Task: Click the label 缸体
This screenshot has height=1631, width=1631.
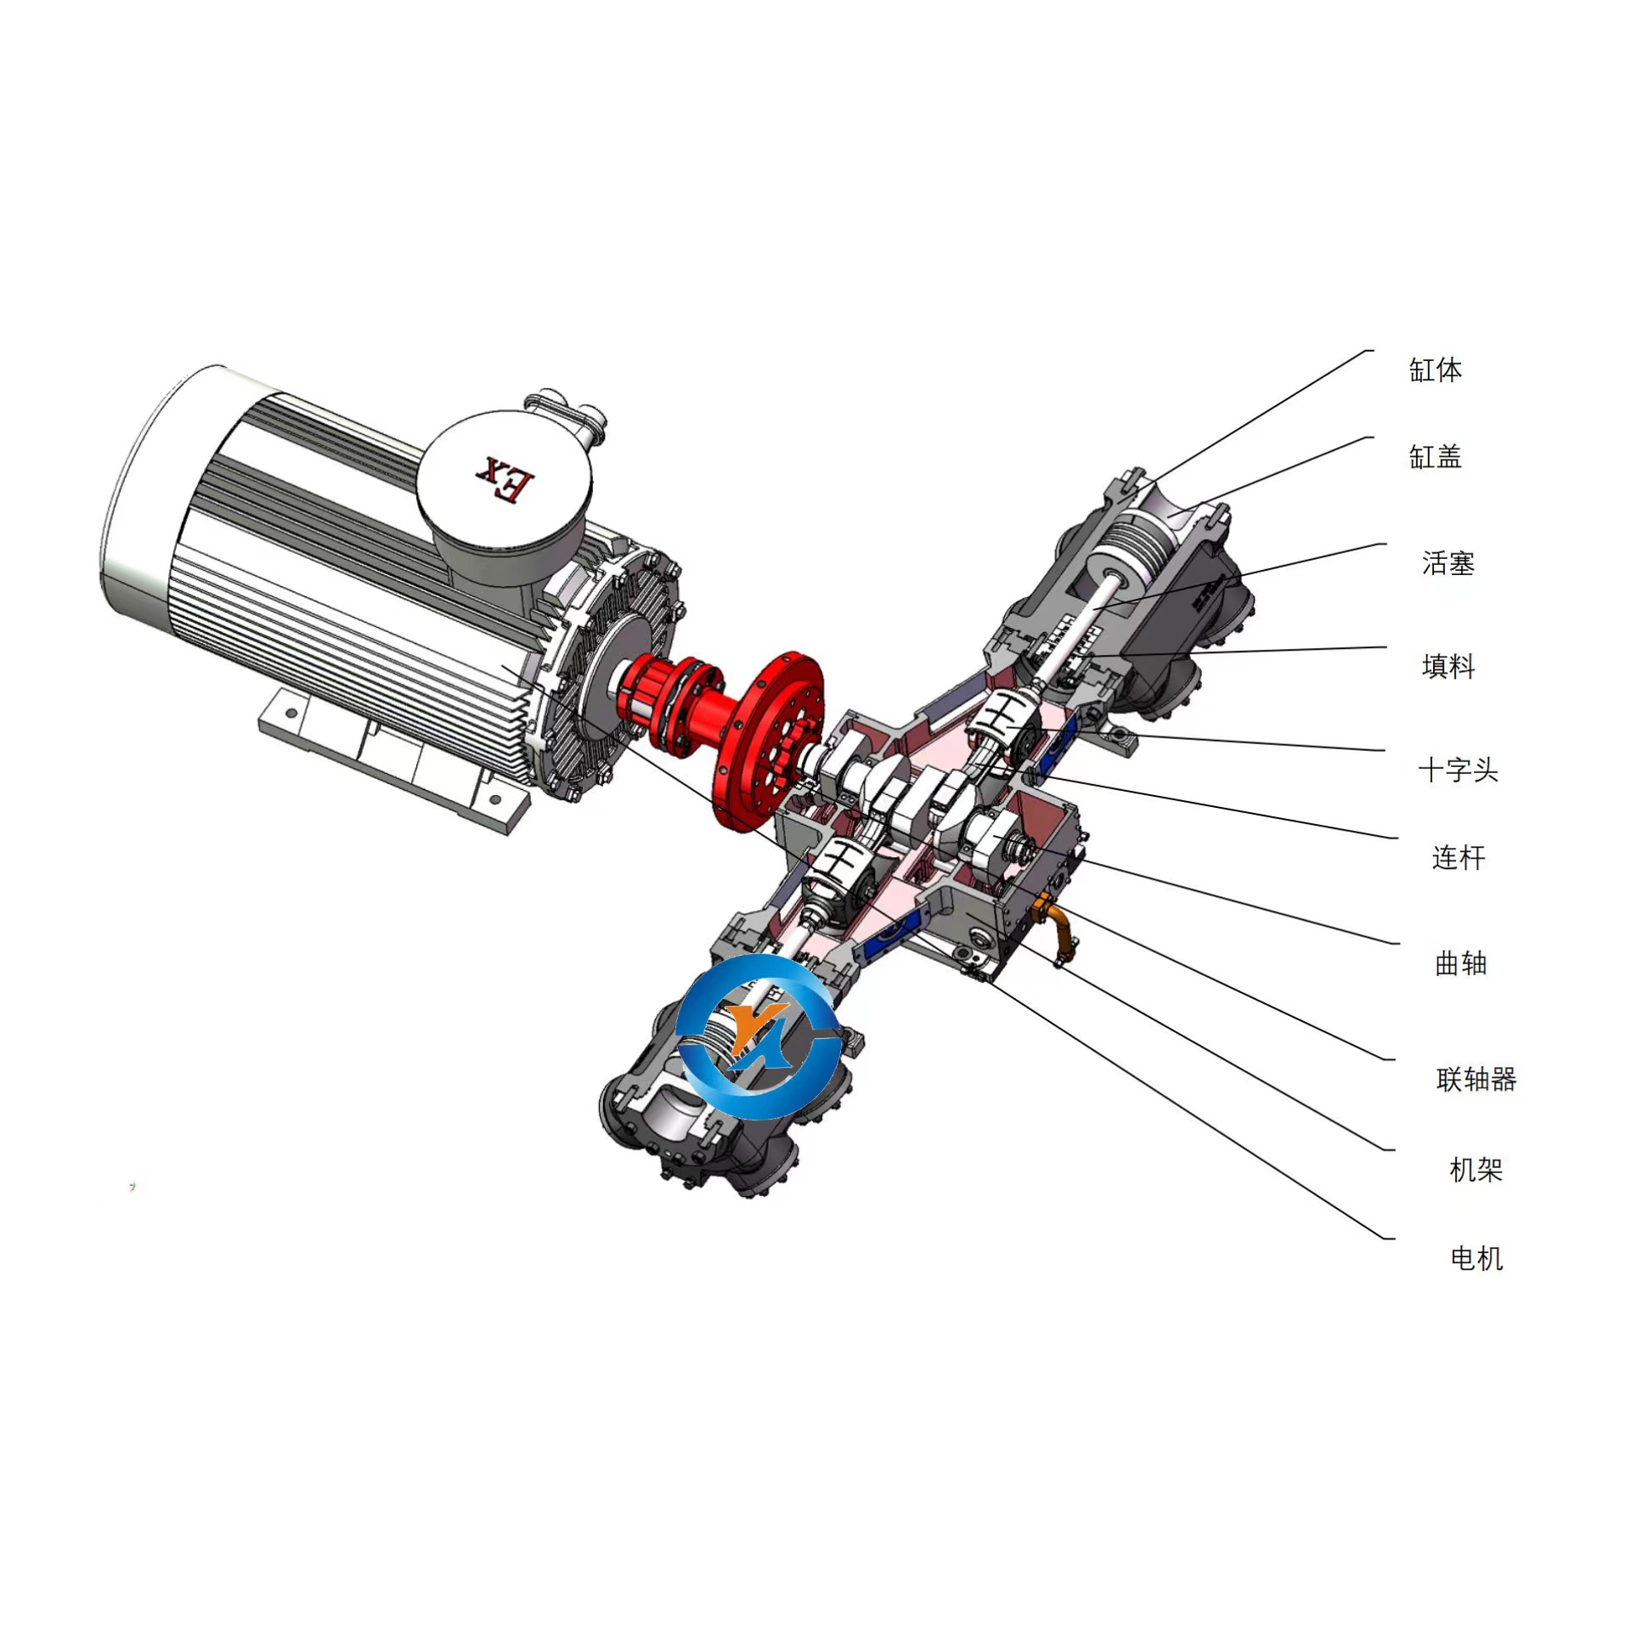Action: coord(1436,370)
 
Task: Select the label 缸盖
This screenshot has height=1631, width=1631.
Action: coord(1436,457)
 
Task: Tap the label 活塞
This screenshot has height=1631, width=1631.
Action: coord(1448,563)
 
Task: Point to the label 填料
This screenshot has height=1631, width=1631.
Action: coord(1448,666)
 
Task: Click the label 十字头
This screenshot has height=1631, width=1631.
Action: coord(1459,770)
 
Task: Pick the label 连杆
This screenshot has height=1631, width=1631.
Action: coord(1459,858)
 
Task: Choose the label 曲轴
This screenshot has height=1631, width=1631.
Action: coord(1461,963)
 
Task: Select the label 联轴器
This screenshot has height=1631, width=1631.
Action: coord(1476,1080)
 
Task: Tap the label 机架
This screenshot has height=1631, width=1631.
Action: coord(1476,1170)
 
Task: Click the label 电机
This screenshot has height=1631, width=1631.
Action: coord(1476,1258)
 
